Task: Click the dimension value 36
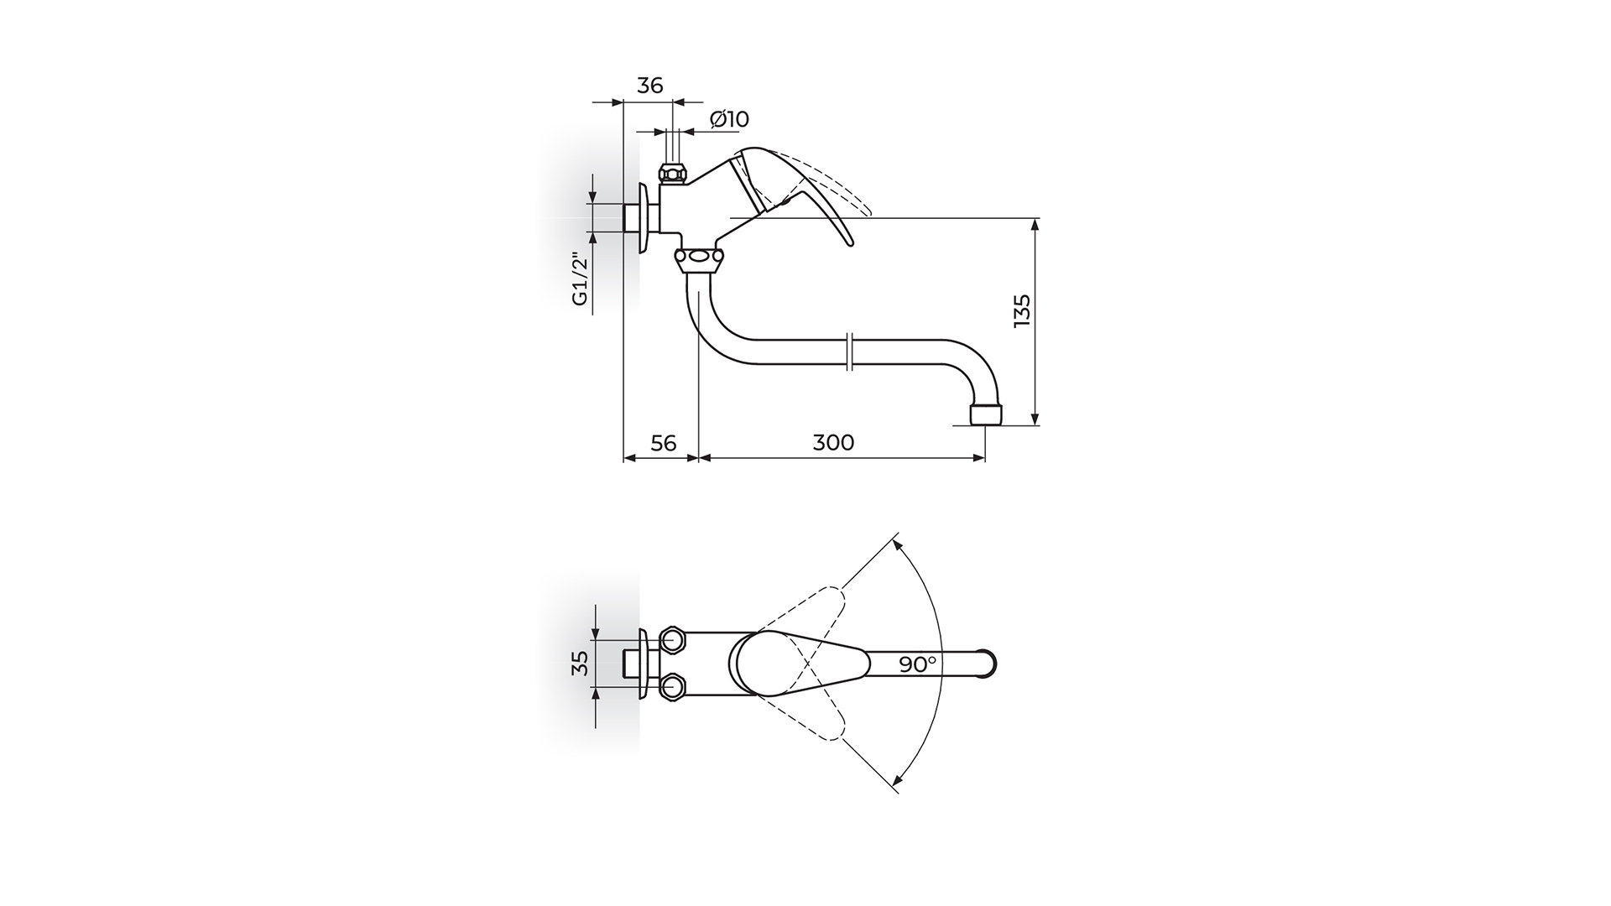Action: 650,86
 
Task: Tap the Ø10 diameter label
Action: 729,119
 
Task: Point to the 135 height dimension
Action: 1021,311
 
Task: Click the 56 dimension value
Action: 663,443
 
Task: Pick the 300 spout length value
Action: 833,442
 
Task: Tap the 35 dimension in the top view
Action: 579,663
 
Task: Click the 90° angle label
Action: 917,664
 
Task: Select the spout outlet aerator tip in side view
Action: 985,415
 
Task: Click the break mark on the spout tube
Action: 851,351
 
